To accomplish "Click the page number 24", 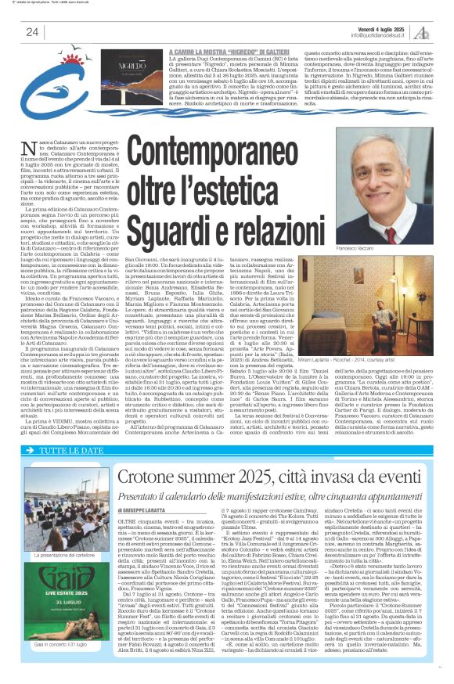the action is pyautogui.click(x=33, y=31).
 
